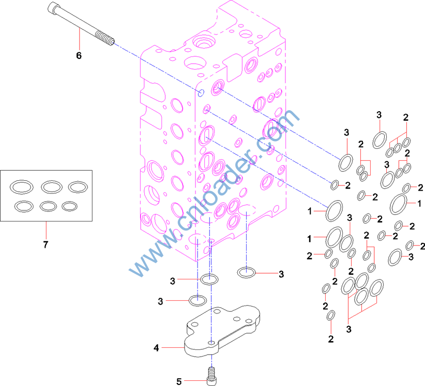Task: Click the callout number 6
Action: coord(79,55)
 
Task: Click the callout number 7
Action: coord(45,244)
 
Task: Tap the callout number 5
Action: coord(178,381)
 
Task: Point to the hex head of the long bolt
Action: coord(53,8)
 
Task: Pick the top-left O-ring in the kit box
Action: coord(22,186)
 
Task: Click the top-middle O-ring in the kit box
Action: coord(51,186)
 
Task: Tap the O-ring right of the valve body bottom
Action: coord(246,272)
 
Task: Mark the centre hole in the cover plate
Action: coord(211,343)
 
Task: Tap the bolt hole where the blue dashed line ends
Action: coord(201,93)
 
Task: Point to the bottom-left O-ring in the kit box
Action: coord(22,206)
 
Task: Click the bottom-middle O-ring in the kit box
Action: coord(48,206)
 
